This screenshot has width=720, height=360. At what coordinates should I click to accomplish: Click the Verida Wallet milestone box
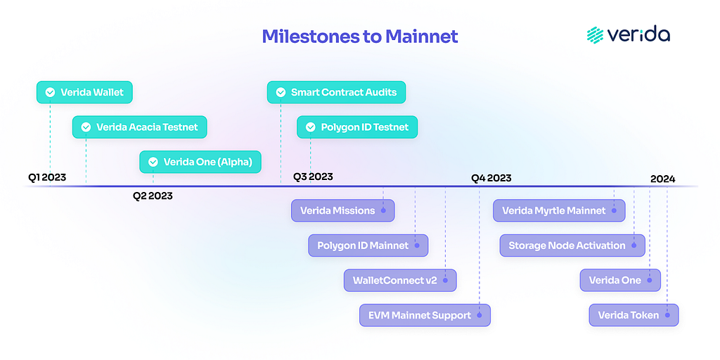[x=85, y=92]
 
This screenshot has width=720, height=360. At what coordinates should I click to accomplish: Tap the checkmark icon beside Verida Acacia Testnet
[x=86, y=127]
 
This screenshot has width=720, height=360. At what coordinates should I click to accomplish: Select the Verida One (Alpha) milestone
[x=200, y=162]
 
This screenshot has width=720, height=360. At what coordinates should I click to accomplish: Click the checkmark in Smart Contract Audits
[x=281, y=92]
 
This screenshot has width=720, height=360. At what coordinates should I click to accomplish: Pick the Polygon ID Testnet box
[x=357, y=127]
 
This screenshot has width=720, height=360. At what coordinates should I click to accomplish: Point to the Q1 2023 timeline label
[x=47, y=177]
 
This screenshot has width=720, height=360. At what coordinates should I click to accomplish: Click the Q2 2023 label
[x=153, y=197]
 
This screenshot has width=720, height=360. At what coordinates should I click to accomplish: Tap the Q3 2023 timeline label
[x=313, y=176]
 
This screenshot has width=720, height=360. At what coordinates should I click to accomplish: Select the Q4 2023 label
[x=491, y=179]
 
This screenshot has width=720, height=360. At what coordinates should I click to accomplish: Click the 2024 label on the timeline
[x=662, y=179]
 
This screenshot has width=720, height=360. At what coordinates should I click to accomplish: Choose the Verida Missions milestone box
[x=343, y=211]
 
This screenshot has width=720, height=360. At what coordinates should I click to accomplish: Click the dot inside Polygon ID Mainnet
[x=417, y=245]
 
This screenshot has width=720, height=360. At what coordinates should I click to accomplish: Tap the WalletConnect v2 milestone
[x=400, y=281]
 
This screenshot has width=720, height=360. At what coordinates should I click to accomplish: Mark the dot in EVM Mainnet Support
[x=479, y=316]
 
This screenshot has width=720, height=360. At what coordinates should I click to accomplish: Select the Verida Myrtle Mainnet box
[x=559, y=211]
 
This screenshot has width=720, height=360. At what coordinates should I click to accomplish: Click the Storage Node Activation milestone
[x=572, y=245]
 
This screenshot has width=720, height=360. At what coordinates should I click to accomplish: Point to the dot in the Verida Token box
[x=667, y=316]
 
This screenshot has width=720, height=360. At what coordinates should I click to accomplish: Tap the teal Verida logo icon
[x=595, y=35]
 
